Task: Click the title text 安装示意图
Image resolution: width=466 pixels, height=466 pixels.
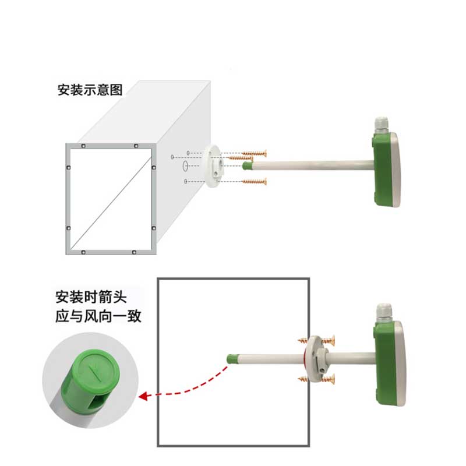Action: tap(90, 90)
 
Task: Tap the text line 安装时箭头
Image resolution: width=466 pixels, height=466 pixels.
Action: tap(91, 297)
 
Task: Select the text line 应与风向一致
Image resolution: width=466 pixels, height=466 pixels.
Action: tap(98, 316)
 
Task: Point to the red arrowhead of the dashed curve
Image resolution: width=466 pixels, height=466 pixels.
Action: tap(143, 396)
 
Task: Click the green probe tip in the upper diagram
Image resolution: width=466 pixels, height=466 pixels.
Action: tap(248, 165)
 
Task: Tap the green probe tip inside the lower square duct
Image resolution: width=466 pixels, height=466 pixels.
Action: tap(232, 359)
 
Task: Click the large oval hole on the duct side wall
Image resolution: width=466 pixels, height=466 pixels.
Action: tap(185, 166)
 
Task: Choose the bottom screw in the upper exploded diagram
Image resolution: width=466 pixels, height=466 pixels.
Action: tap(255, 182)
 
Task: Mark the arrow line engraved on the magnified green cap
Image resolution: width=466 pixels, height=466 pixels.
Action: tap(95, 373)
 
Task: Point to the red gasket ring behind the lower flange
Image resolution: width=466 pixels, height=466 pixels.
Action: tap(305, 359)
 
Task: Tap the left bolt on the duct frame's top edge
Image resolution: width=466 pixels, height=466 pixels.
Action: tap(83, 146)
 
